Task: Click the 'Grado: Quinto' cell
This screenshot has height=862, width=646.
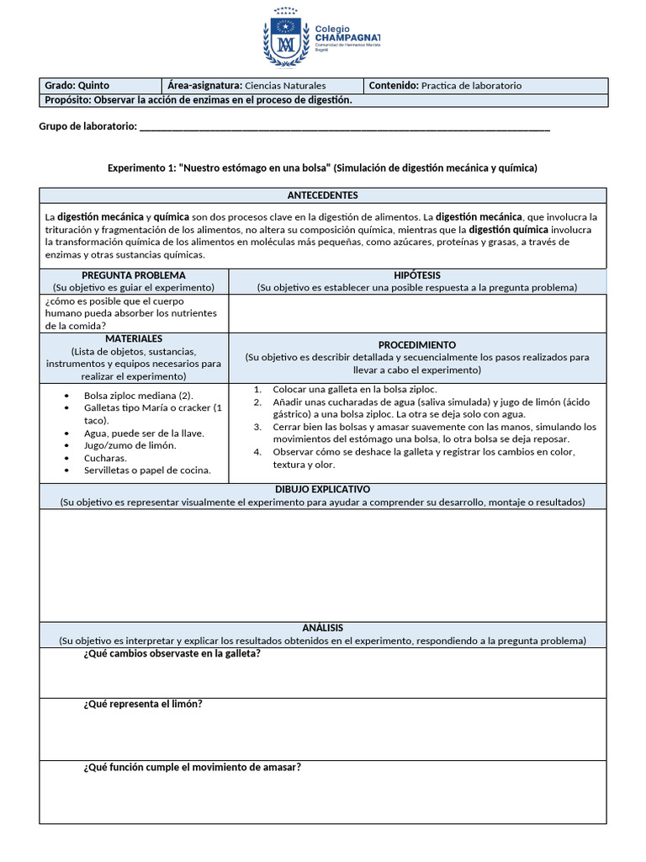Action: (77, 86)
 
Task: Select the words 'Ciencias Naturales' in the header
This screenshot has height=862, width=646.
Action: (284, 86)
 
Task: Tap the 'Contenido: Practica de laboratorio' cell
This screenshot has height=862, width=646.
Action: (445, 86)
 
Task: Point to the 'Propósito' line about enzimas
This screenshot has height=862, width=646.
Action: (196, 100)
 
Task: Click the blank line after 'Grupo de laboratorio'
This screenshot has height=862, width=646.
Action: (344, 126)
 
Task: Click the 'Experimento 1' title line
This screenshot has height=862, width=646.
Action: (322, 168)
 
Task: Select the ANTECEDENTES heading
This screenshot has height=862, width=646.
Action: (322, 195)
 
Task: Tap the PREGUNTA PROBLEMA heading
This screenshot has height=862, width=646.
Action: (134, 275)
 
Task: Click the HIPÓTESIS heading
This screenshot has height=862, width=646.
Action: (416, 275)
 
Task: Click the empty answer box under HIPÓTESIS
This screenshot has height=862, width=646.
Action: (416, 313)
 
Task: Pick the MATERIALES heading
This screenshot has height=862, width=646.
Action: (134, 338)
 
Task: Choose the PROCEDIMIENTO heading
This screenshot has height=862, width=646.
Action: (416, 345)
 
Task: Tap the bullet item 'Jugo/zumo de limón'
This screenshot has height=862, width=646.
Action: (130, 445)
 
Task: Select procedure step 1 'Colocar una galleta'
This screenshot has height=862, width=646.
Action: (354, 390)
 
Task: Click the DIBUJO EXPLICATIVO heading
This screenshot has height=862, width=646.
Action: (322, 489)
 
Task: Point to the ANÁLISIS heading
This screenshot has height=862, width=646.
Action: (322, 628)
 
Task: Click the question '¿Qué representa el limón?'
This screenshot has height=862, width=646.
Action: (142, 705)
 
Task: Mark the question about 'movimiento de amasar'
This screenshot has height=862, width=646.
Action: (192, 767)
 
